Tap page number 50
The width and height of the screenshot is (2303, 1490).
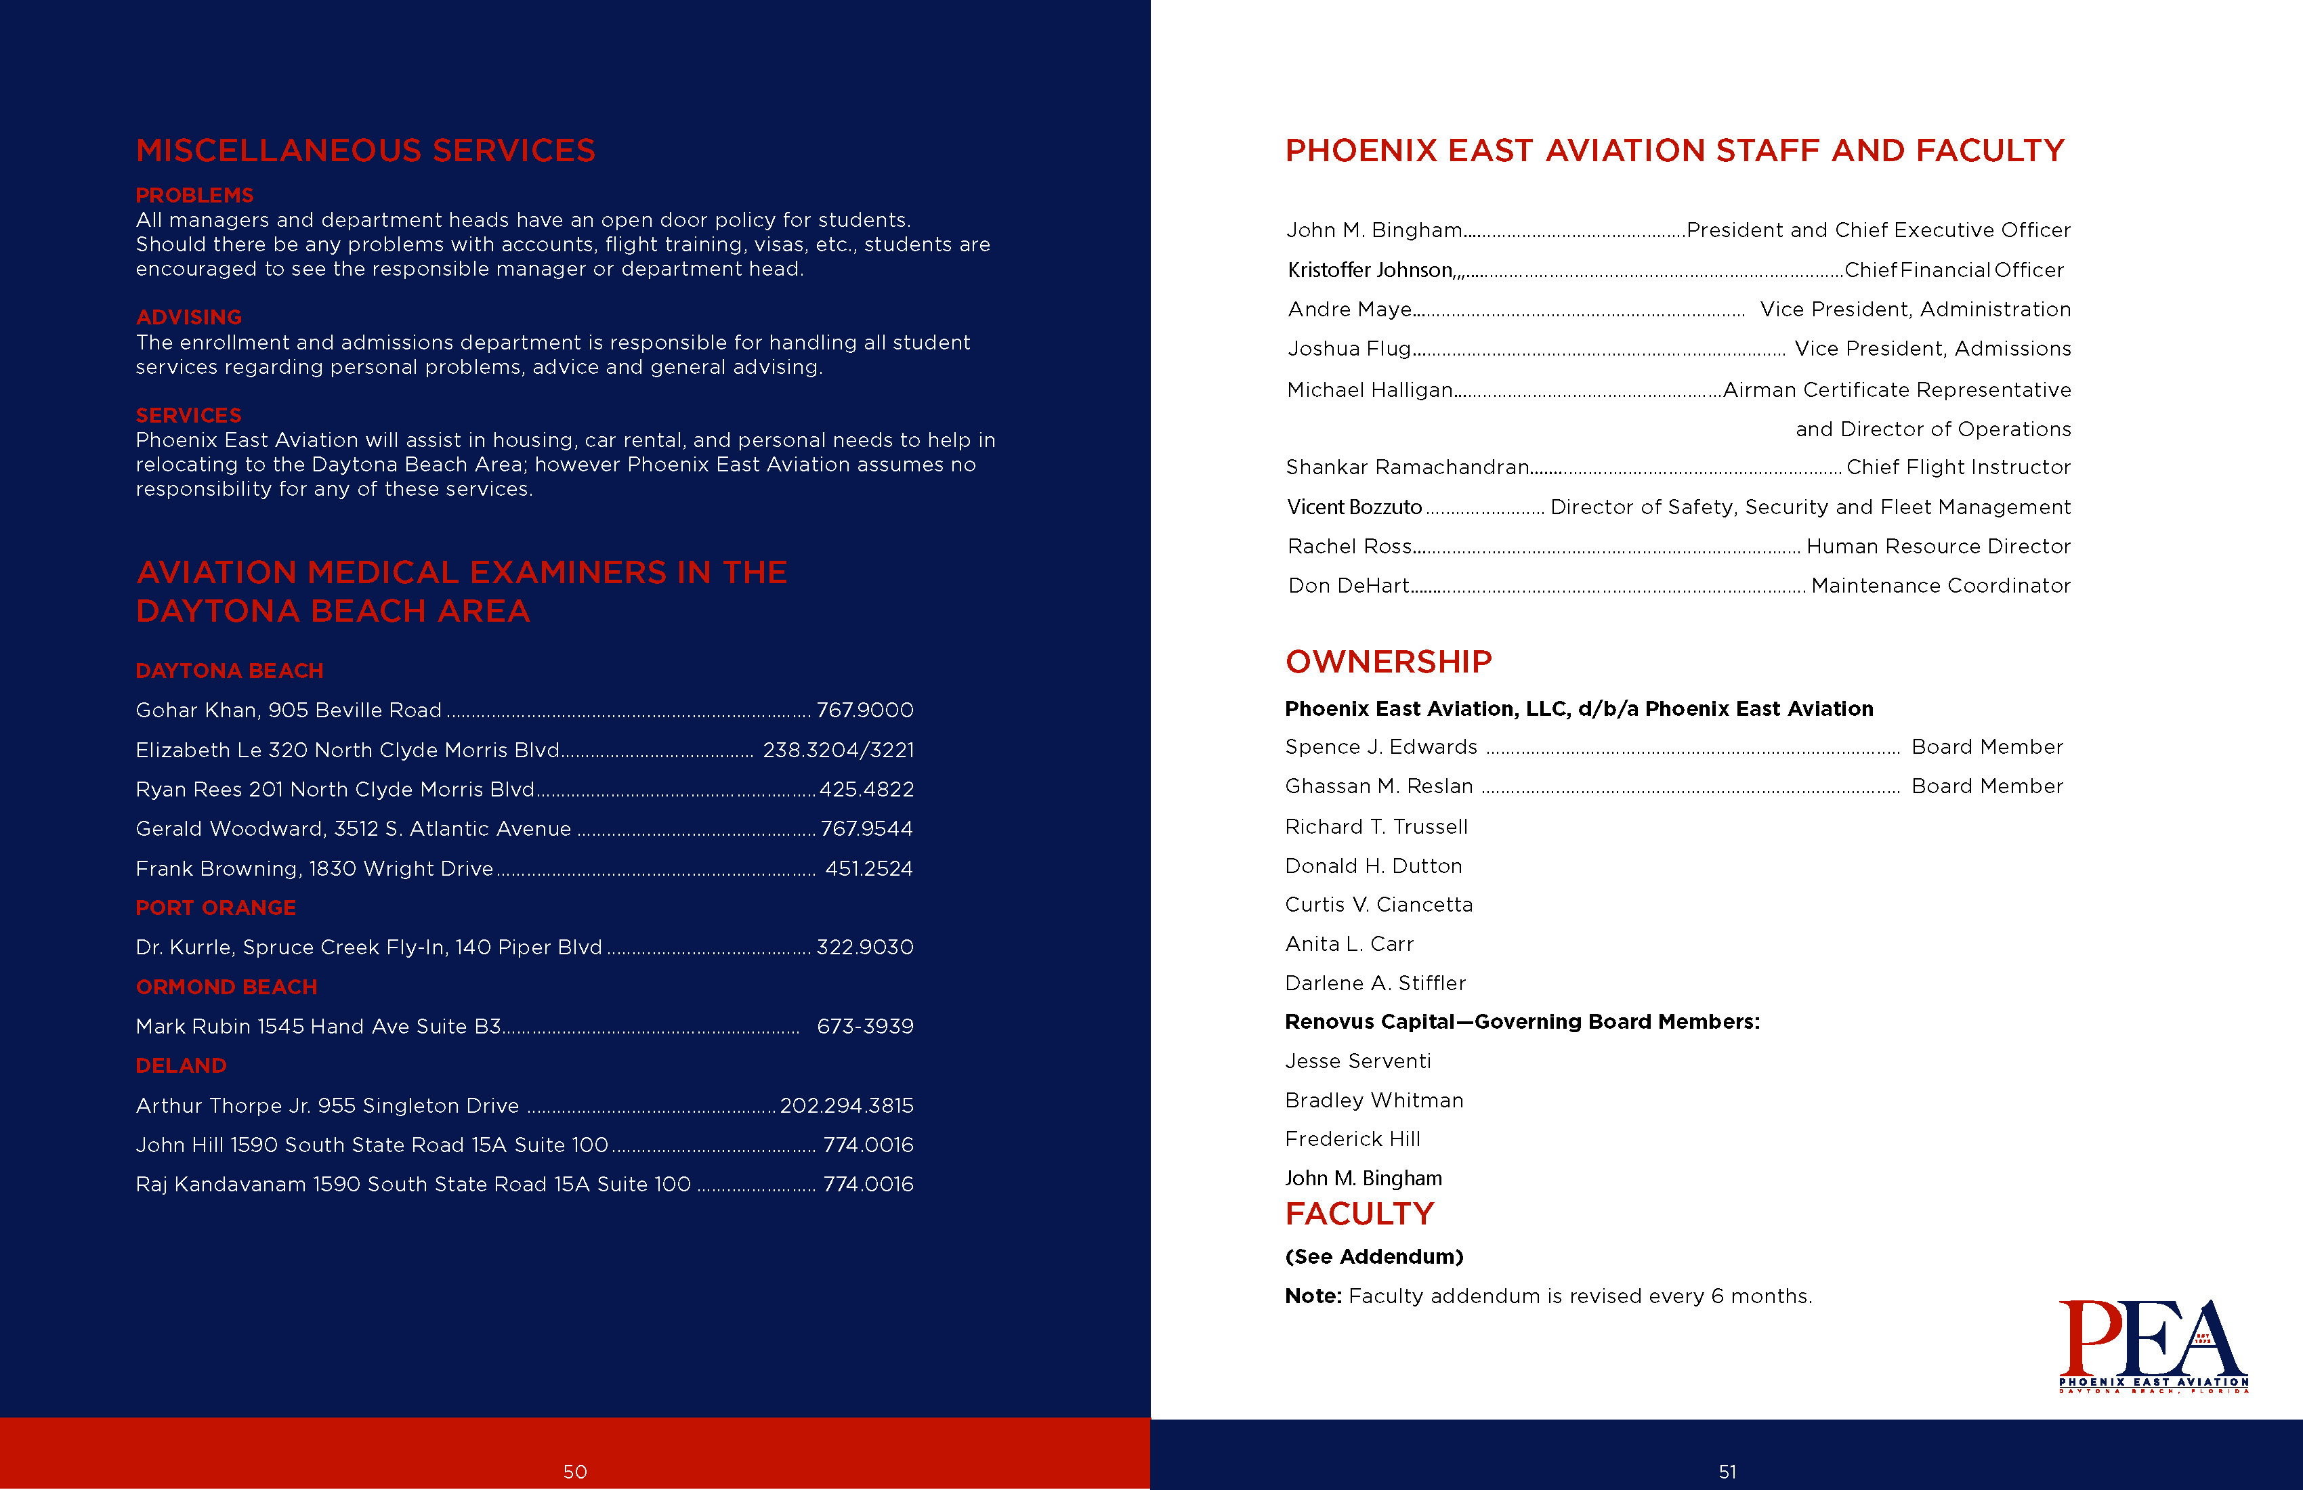click(x=575, y=1472)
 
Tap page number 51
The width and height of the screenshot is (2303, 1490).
click(x=1727, y=1472)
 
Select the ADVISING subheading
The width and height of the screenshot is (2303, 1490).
click(x=189, y=318)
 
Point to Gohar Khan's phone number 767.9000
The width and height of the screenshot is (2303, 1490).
click(x=864, y=710)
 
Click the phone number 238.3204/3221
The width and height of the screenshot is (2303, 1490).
click(x=838, y=750)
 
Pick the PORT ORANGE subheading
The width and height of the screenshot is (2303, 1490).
click(x=216, y=908)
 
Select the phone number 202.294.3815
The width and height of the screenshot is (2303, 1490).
click(x=847, y=1105)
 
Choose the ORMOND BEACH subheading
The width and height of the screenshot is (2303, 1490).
click(x=226, y=987)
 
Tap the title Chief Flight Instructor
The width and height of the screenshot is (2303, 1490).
click(x=1958, y=467)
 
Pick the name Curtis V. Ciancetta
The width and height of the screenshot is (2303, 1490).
click(x=1378, y=905)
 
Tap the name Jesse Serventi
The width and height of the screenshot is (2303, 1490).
click(x=1357, y=1061)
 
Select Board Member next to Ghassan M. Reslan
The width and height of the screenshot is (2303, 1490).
click(x=1987, y=786)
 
